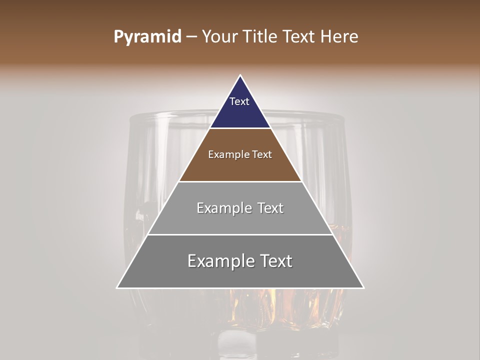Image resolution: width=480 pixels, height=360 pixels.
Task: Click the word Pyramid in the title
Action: click(147, 37)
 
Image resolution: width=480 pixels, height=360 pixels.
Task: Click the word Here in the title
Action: click(339, 37)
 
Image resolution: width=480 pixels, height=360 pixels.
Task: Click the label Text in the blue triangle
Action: click(239, 101)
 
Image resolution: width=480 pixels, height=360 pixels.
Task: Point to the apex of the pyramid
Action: click(240, 76)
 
